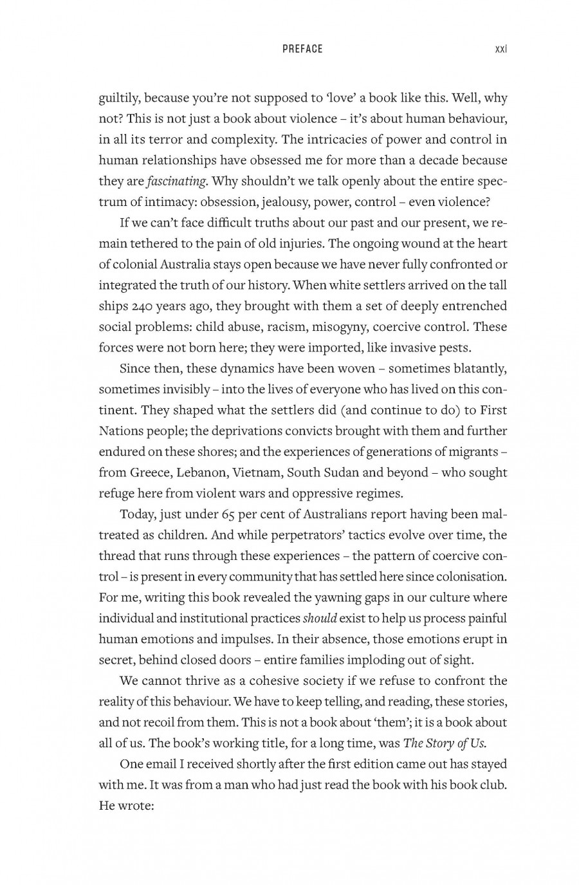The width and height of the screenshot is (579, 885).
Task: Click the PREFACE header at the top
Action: click(302, 49)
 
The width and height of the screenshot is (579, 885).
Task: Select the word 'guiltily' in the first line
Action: click(119, 98)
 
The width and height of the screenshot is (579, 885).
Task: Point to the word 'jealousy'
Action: click(283, 202)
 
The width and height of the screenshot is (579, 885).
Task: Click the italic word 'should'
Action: click(320, 619)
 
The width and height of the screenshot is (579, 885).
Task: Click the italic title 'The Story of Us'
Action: click(444, 743)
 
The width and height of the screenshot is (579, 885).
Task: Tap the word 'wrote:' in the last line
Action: click(135, 806)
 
